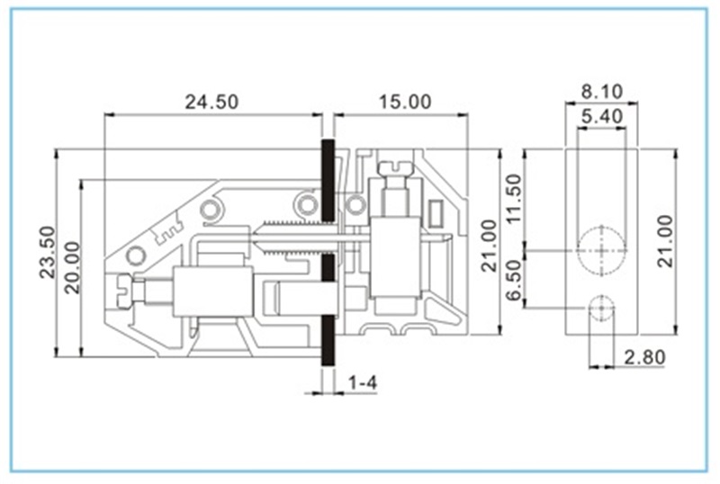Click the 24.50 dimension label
point(211,102)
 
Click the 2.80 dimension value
point(644,358)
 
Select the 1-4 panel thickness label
point(362,383)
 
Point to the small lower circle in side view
point(598,309)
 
